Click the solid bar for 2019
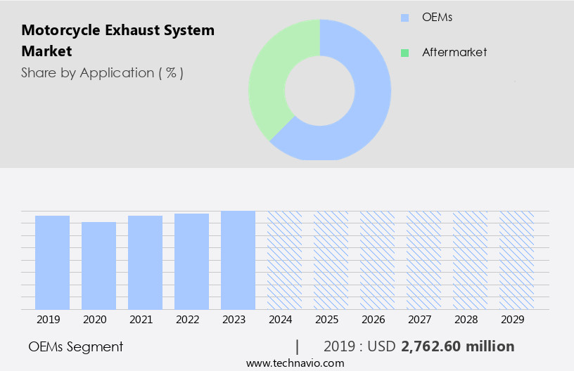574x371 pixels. pos(52,262)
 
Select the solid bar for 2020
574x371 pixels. pos(98,266)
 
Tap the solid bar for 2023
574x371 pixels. pos(238,260)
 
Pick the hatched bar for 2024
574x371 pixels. pos(284,260)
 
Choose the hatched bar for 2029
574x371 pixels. pos(516,260)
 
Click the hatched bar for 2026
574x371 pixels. pos(377,260)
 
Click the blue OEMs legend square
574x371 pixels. pos(404,18)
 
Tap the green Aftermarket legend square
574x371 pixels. pos(404,53)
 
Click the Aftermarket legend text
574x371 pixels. pos(454,53)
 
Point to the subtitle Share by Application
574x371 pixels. pos(102,73)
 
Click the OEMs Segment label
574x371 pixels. pos(75,346)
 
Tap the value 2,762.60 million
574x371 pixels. pos(457,346)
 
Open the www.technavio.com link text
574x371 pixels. pos(295,363)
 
